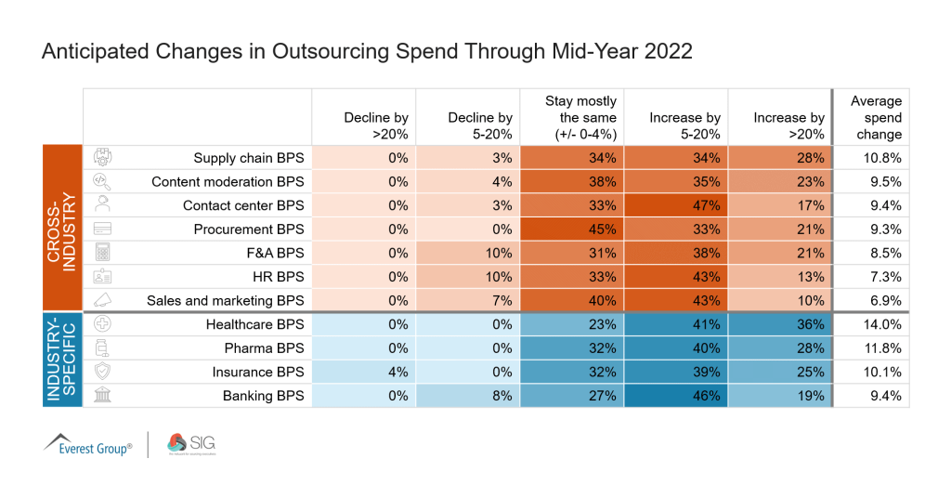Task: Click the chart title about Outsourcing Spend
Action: pyautogui.click(x=367, y=51)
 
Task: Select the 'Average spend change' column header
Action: pyautogui.click(x=876, y=117)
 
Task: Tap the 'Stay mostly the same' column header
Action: pyautogui.click(x=581, y=117)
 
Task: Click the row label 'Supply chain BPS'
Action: pyautogui.click(x=248, y=158)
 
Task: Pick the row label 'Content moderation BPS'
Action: pyautogui.click(x=228, y=182)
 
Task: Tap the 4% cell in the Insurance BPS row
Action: pyautogui.click(x=397, y=372)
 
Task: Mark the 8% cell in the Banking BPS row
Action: pyautogui.click(x=502, y=396)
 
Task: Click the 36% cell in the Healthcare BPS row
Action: pyautogui.click(x=806, y=324)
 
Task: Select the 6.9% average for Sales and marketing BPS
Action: pyautogui.click(x=884, y=300)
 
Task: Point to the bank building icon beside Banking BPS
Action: pyautogui.click(x=103, y=395)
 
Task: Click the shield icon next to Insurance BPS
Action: pyautogui.click(x=103, y=372)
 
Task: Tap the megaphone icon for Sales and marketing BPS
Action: pyautogui.click(x=103, y=300)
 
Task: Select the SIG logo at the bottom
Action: pyautogui.click(x=190, y=444)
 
